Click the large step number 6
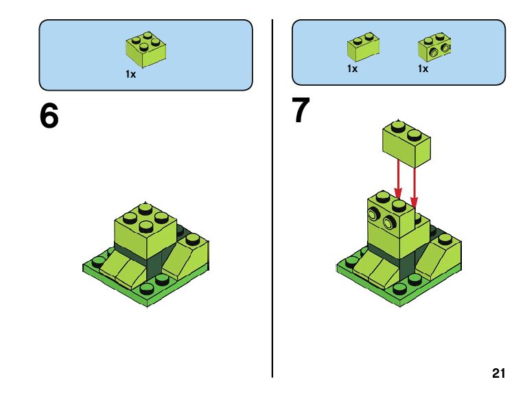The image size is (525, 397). pyautogui.click(x=49, y=116)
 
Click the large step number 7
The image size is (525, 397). pyautogui.click(x=301, y=111)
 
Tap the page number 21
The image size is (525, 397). pyautogui.click(x=499, y=374)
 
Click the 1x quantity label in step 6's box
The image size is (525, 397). pyautogui.click(x=130, y=74)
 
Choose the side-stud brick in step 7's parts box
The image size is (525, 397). pyautogui.click(x=434, y=46)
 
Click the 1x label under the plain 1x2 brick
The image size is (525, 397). pyautogui.click(x=352, y=69)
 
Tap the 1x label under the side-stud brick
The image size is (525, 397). pyautogui.click(x=423, y=69)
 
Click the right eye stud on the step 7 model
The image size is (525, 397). pyautogui.click(x=389, y=222)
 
